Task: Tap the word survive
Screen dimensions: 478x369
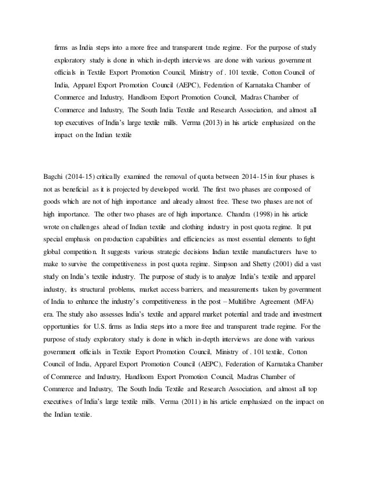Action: (x=83, y=266)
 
